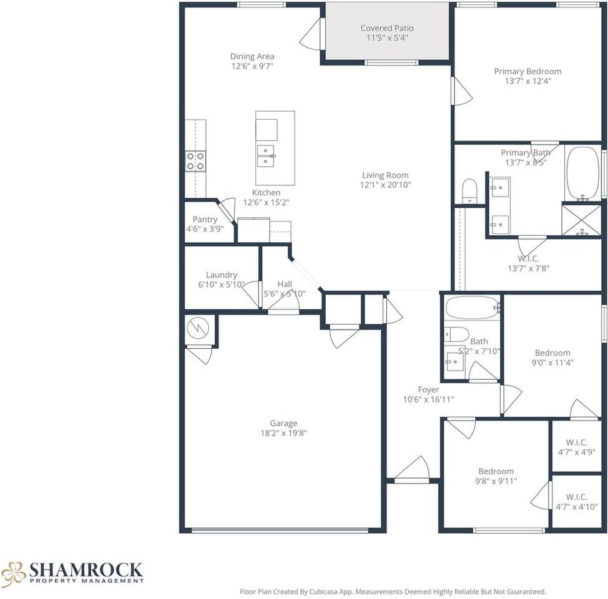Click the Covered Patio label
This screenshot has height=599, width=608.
click(x=387, y=28)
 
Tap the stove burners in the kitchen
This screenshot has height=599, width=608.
click(x=195, y=161)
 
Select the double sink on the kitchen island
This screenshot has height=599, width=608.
click(x=266, y=156)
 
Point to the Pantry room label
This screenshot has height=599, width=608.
click(x=205, y=220)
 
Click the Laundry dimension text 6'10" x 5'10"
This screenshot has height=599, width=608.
click(x=222, y=285)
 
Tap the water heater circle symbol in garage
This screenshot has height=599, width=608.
click(x=198, y=328)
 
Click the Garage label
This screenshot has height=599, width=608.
click(x=283, y=424)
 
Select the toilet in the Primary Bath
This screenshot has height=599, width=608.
click(x=470, y=191)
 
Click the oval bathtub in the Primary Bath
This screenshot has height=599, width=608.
click(x=583, y=173)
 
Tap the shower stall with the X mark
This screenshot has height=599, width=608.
click(x=581, y=220)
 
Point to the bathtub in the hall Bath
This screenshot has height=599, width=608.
click(x=473, y=308)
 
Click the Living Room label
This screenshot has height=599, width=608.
click(x=385, y=175)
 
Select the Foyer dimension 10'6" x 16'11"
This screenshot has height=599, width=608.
click(x=428, y=399)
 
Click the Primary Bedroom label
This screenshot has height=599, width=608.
click(x=527, y=71)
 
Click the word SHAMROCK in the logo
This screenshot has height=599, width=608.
click(x=86, y=570)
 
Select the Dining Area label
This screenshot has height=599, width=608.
click(x=252, y=57)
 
